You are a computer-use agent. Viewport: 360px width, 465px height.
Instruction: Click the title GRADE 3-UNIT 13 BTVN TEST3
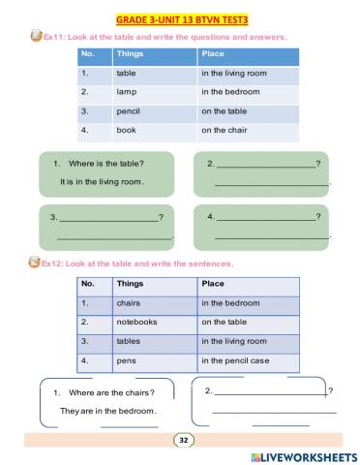180,18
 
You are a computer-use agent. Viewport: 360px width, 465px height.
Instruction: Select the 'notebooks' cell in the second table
136,321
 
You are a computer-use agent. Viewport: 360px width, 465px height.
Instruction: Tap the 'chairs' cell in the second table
129,302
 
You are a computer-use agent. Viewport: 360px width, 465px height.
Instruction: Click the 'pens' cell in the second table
126,360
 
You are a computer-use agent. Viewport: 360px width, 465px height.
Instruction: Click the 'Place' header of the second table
213,284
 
